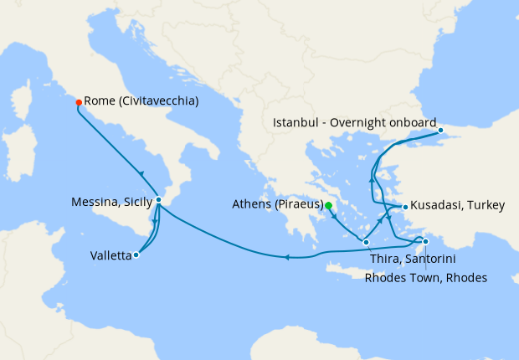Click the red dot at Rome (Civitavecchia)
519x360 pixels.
coord(79,102)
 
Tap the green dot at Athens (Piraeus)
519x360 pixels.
coord(329,205)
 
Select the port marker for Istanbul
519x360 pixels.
coord(441,131)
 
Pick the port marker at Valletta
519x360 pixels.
coord(136,255)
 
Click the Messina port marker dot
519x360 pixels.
coord(158,200)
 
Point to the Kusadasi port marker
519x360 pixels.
coord(405,206)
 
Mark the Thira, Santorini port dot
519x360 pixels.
coord(367,242)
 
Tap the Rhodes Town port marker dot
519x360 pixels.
coord(426,242)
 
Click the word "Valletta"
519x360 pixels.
coord(110,257)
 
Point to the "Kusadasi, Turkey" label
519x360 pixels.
coord(452,206)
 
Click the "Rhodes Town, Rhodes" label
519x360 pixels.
coord(425,278)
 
